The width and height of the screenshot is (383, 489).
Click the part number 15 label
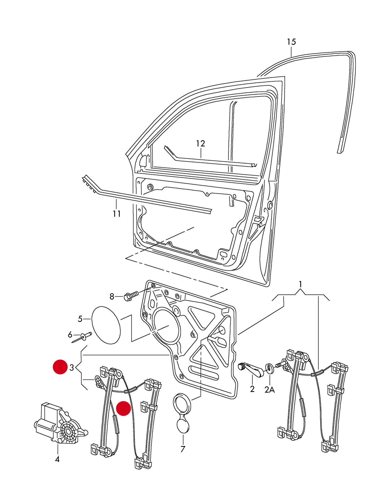pyautogui.click(x=291, y=42)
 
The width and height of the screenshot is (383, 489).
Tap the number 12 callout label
pyautogui.click(x=201, y=143)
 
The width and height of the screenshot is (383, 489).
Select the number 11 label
pyautogui.click(x=117, y=214)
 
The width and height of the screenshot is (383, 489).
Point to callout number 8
pyautogui.click(x=112, y=296)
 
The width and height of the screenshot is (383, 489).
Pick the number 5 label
pyautogui.click(x=80, y=319)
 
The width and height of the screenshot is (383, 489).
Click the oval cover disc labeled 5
pyautogui.click(x=106, y=325)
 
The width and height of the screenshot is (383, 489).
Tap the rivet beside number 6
pyautogui.click(x=83, y=337)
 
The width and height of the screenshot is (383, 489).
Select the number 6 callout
pyautogui.click(x=70, y=335)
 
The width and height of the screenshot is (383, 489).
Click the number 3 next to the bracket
pyautogui.click(x=72, y=368)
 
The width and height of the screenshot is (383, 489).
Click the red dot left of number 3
pyautogui.click(x=60, y=367)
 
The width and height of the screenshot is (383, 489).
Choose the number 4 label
pyautogui.click(x=57, y=459)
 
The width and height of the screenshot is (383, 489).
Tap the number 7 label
pyautogui.click(x=183, y=449)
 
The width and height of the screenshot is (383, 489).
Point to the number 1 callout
pyautogui.click(x=300, y=284)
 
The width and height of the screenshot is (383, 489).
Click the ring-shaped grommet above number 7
pyautogui.click(x=182, y=404)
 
